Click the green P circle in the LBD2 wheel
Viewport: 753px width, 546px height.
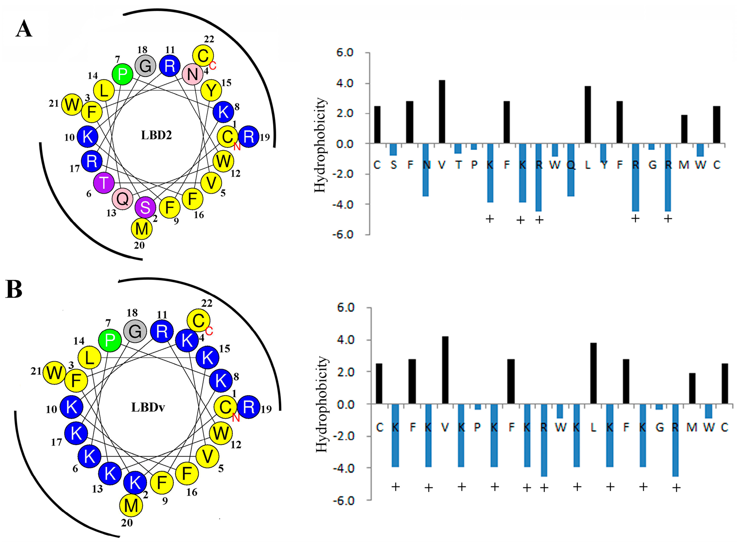point(122,74)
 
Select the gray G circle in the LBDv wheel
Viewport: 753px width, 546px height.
point(135,331)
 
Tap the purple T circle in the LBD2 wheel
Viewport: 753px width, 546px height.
point(104,183)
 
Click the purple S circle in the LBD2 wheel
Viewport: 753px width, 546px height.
point(145,207)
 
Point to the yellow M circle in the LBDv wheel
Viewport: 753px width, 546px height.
point(131,505)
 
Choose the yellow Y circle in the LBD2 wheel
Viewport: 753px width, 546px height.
point(211,90)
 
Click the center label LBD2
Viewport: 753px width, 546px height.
point(156,136)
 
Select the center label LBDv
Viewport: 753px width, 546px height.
point(148,407)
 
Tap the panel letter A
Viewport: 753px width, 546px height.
point(24,29)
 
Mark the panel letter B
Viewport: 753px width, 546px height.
point(14,289)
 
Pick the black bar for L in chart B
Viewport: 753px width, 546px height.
point(593,373)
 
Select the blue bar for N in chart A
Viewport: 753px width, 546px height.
point(426,170)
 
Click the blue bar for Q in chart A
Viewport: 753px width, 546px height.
point(571,170)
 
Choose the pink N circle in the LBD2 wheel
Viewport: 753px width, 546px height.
point(192,74)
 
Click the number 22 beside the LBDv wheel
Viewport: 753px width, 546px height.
point(206,303)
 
